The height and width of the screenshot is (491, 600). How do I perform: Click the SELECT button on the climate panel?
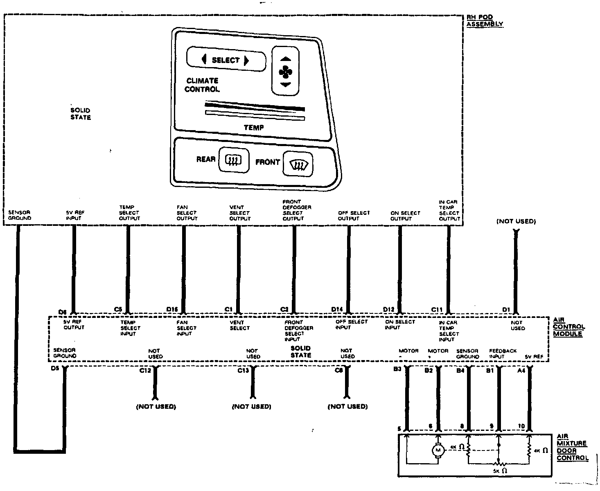[x=226, y=60]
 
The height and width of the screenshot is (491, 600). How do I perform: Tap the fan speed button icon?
[x=285, y=72]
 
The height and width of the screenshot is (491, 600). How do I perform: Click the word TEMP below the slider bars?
[x=254, y=128]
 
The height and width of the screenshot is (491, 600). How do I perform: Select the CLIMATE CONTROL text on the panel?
[x=202, y=85]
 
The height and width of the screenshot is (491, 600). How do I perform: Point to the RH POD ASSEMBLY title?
[x=485, y=21]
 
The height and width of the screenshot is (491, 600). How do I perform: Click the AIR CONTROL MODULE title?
[x=568, y=327]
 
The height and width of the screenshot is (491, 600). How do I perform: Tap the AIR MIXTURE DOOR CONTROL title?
[x=572, y=448]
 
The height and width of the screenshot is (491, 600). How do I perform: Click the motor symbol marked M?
[x=438, y=450]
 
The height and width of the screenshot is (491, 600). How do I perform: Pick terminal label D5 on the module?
[x=55, y=368]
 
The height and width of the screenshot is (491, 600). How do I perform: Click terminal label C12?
[x=145, y=370]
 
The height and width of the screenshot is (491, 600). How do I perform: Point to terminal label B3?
[x=397, y=369]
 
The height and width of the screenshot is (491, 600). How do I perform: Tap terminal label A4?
[x=521, y=370]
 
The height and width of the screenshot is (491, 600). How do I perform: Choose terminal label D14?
[x=337, y=309]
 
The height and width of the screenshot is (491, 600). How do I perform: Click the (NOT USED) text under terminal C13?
[x=251, y=406]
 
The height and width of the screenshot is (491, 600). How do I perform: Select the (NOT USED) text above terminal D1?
[x=516, y=221]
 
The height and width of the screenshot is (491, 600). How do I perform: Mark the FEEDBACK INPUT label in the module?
[x=503, y=354]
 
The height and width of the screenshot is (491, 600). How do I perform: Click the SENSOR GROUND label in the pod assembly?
[x=20, y=215]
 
